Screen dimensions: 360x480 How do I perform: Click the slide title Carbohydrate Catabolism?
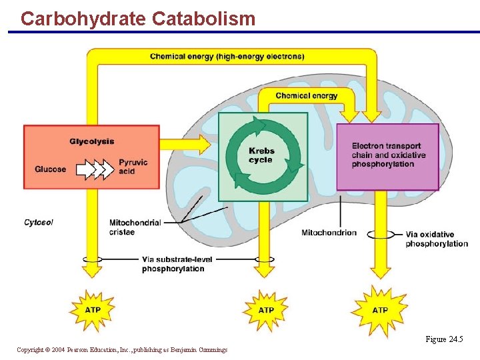click(x=138, y=18)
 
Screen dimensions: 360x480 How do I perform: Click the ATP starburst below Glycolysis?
click(x=93, y=310)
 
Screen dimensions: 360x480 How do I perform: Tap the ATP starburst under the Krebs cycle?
click(x=266, y=310)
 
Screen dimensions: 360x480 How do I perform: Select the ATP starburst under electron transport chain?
click(x=380, y=310)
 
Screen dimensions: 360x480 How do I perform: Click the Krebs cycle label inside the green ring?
click(x=261, y=155)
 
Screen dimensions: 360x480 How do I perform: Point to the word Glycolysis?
click(x=92, y=141)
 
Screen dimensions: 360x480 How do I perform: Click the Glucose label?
click(x=51, y=169)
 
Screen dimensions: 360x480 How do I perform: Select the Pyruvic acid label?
click(x=133, y=167)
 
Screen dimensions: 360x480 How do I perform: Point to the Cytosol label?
click(x=39, y=222)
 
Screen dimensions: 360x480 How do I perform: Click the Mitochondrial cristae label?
click(x=135, y=227)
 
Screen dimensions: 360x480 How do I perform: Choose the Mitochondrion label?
click(x=329, y=233)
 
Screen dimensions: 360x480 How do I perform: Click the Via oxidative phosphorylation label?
click(x=437, y=239)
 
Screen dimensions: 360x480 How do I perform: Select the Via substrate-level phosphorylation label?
click(x=173, y=264)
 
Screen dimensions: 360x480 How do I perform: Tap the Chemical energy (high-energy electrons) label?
click(x=227, y=57)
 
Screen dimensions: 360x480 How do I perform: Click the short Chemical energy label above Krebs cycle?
click(x=307, y=95)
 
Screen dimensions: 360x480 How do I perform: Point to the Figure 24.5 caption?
click(x=444, y=339)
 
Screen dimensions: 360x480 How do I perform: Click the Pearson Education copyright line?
click(x=122, y=349)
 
